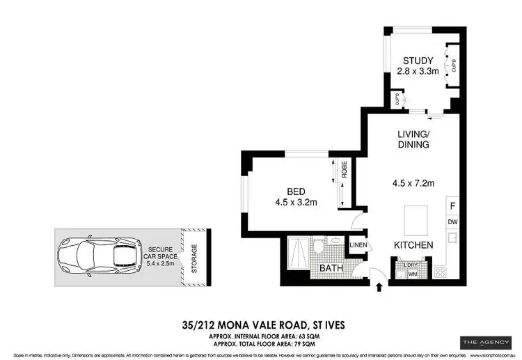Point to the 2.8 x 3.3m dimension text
pyautogui.click(x=418, y=71)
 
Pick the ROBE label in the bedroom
pyautogui.click(x=343, y=171)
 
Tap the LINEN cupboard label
pyautogui.click(x=357, y=245)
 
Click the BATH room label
pyautogui.click(x=330, y=268)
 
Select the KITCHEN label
pyautogui.click(x=414, y=245)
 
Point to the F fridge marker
pyautogui.click(x=452, y=206)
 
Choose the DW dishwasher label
pyautogui.click(x=452, y=222)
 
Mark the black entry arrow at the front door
pyautogui.click(x=379, y=285)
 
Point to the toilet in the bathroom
pyautogui.click(x=319, y=247)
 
